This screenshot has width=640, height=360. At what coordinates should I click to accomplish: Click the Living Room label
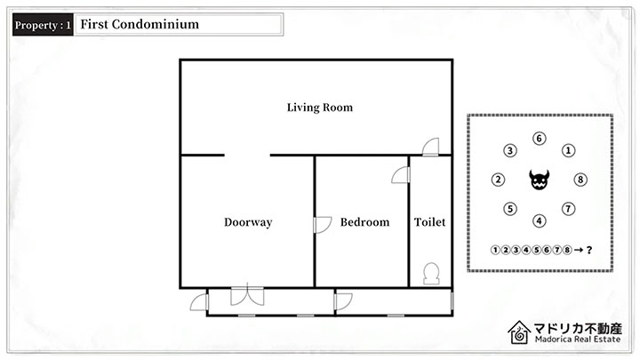tap(320, 108)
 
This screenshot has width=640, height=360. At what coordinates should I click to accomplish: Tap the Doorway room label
tap(248, 222)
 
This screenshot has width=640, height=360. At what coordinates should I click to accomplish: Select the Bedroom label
tap(365, 222)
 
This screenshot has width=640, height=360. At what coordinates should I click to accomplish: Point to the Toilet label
tap(430, 222)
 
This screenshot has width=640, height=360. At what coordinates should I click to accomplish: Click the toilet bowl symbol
tap(431, 274)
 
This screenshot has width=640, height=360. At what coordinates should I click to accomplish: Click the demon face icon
tap(540, 180)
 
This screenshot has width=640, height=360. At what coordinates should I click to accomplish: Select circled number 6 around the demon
tap(540, 139)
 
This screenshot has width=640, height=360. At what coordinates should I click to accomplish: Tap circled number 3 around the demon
tap(510, 150)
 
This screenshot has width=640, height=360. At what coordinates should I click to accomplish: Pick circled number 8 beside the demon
tap(580, 180)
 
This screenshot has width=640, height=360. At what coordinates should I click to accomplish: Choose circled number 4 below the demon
tap(540, 220)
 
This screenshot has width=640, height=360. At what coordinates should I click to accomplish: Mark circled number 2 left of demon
tap(498, 180)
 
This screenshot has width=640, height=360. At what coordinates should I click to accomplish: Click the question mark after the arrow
tap(589, 250)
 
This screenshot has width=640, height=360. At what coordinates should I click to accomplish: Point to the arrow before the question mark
tap(579, 250)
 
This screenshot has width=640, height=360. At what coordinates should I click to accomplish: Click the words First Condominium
tap(140, 25)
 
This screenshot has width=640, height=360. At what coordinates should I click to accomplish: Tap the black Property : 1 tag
tap(43, 25)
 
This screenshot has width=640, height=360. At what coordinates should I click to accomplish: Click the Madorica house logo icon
tap(519, 332)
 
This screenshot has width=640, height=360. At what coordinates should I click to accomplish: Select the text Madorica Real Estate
tap(578, 340)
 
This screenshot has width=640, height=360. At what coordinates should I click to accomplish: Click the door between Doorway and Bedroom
tap(323, 225)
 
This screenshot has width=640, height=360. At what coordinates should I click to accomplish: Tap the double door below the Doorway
tap(247, 295)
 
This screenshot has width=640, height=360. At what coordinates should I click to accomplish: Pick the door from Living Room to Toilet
tap(430, 147)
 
